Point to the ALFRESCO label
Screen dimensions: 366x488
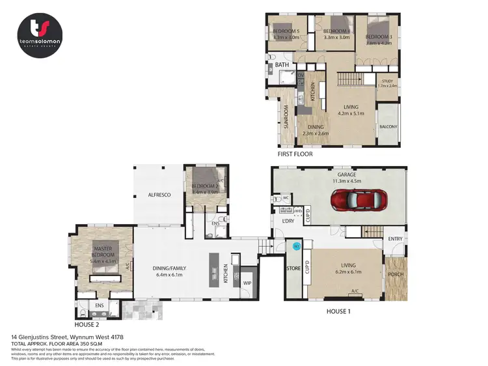pyautogui.click(x=159, y=194)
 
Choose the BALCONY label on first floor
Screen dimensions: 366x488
pyautogui.click(x=388, y=127)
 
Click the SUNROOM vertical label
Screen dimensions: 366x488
pyautogui.click(x=286, y=118)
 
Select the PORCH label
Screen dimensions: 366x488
pyautogui.click(x=395, y=274)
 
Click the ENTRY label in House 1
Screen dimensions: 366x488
pyautogui.click(x=395, y=239)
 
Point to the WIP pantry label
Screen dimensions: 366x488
pyautogui.click(x=248, y=283)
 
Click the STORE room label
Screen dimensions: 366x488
pyautogui.click(x=293, y=268)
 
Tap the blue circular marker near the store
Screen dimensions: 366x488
pyautogui.click(x=296, y=246)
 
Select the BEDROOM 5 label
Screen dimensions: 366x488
pyautogui.click(x=286, y=31)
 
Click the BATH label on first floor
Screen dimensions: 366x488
pyautogui.click(x=282, y=65)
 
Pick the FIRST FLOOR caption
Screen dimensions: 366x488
pyautogui.click(x=294, y=154)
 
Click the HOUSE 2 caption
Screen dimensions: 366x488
pyautogui.click(x=88, y=324)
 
